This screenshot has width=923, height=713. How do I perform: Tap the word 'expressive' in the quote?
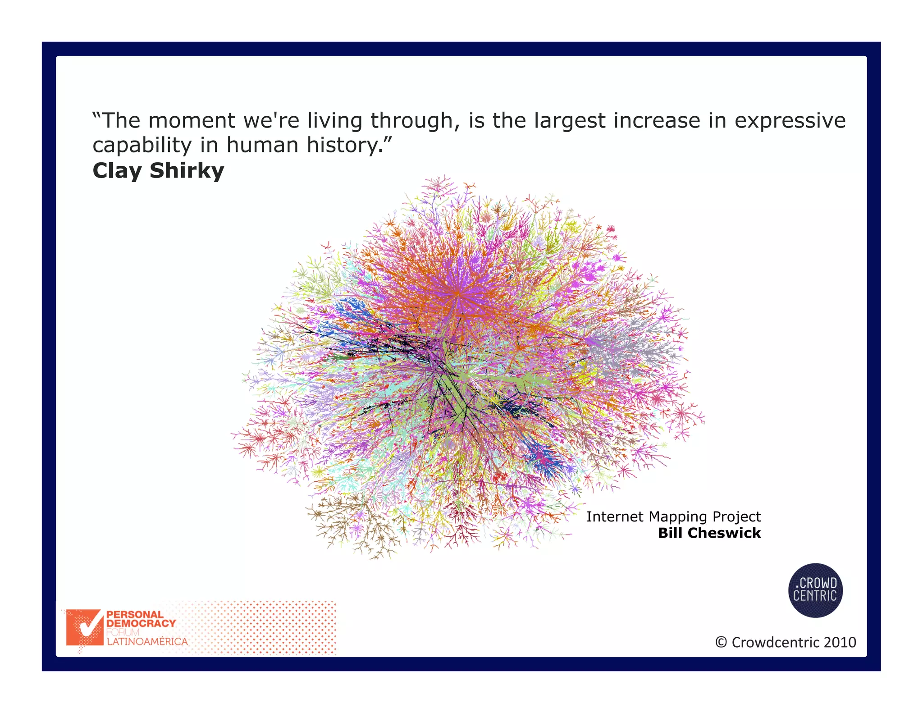click(790, 121)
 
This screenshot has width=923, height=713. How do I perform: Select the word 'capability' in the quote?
click(142, 146)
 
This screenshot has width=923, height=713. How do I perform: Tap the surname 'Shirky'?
click(187, 170)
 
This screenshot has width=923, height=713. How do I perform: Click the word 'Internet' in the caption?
click(614, 516)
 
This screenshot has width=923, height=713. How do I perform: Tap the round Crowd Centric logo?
click(815, 590)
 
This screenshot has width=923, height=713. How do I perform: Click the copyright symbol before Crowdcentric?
click(721, 642)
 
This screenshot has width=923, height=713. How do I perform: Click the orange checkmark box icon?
click(85, 627)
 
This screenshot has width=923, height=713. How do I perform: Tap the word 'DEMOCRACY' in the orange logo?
click(141, 623)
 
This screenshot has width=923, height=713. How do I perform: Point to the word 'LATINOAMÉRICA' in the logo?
click(147, 642)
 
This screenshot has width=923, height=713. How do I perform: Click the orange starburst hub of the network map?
click(457, 293)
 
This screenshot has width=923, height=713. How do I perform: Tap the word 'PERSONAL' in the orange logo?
click(134, 614)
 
